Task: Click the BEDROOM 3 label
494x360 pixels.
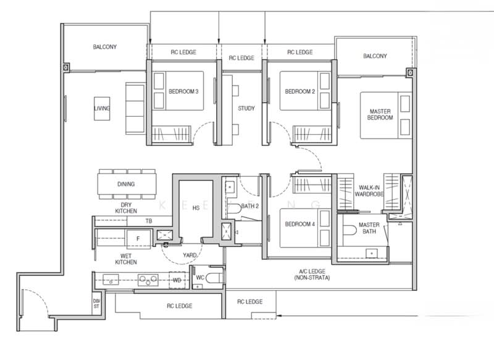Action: click(183, 91)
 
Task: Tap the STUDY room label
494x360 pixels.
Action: click(246, 108)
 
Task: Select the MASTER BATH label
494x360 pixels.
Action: click(369, 228)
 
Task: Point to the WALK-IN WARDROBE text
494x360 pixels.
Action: click(369, 191)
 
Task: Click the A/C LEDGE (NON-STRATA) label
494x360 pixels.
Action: click(312, 274)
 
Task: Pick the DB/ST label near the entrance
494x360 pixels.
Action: click(96, 304)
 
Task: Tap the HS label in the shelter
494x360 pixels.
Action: click(196, 208)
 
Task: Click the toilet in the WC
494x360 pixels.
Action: click(215, 278)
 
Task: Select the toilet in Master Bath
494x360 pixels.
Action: click(348, 230)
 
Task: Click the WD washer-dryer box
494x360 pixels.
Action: click(177, 280)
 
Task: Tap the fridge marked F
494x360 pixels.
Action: click(138, 239)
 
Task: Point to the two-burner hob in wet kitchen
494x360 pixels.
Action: click(148, 280)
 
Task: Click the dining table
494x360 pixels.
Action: click(127, 184)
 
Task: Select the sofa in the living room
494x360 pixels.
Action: click(135, 109)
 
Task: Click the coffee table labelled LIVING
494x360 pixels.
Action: click(102, 108)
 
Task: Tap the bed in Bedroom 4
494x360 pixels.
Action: click(305, 228)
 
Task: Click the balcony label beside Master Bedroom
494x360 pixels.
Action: click(375, 56)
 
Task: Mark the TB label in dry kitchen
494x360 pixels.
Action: click(149, 221)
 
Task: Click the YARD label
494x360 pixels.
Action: click(190, 255)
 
